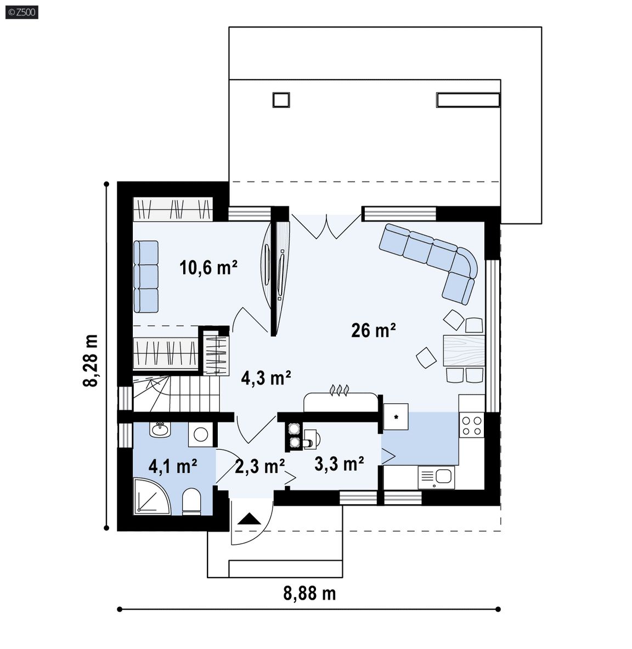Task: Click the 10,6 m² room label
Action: coord(208,267)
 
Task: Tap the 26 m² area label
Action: coord(373,330)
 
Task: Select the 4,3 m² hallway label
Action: coord(266,378)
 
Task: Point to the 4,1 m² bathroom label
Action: coord(173,466)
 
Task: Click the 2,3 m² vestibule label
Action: coord(259,466)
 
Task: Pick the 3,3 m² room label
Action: coord(339,464)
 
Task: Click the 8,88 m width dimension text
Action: coord(309,593)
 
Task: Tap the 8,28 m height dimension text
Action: coord(91,360)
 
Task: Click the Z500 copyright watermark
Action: coord(22,12)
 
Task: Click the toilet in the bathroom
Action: coord(191,501)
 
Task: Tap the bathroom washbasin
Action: coord(160,430)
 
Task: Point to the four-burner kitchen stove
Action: coord(471,426)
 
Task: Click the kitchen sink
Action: coord(436,477)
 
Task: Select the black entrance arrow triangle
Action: coord(249,518)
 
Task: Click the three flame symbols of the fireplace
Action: coord(339,390)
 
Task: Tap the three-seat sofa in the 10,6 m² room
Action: coord(146,276)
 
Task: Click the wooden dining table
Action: coord(464,351)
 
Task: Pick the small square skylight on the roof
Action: coord(281,100)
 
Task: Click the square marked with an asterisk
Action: coord(396,416)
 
